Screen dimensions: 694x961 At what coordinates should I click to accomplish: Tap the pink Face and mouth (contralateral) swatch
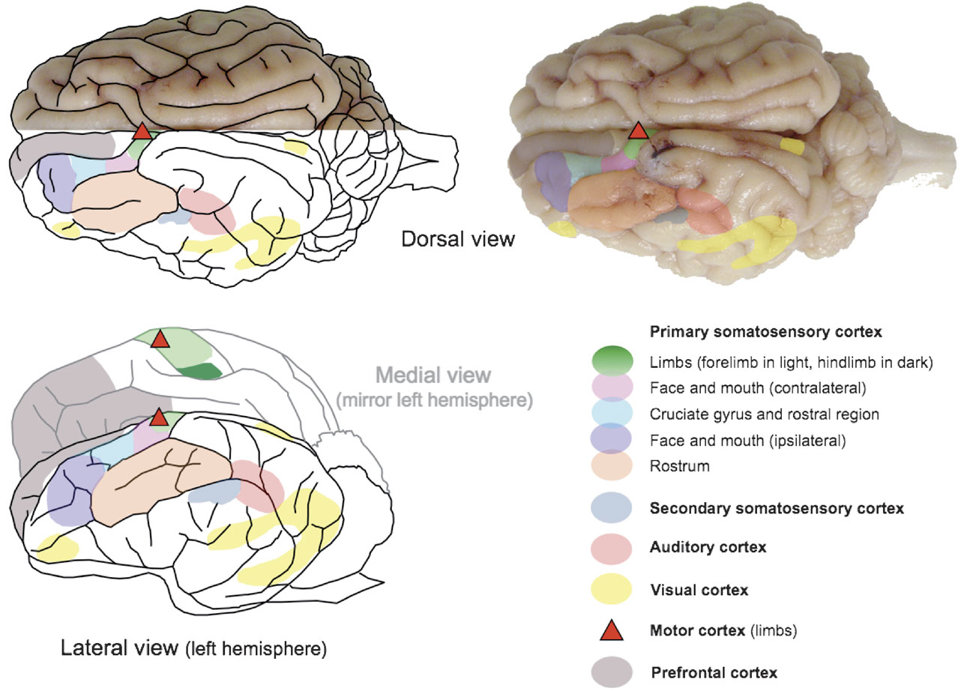(x=612, y=388)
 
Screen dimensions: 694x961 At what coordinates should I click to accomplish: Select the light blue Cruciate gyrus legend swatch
(x=612, y=414)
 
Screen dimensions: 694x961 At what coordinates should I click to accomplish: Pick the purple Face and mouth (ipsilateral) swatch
(x=612, y=440)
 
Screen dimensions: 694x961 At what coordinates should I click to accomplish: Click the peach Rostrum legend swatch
(x=612, y=466)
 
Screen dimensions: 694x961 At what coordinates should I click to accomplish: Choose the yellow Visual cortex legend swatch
(x=612, y=589)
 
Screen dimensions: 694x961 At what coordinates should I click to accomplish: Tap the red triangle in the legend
(x=612, y=631)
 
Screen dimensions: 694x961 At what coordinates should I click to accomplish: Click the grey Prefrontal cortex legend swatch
(x=612, y=672)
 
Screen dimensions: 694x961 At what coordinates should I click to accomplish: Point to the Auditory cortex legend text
(x=708, y=547)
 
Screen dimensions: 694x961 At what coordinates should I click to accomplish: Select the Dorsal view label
(x=458, y=239)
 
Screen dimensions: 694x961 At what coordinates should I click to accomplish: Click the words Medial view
(x=434, y=375)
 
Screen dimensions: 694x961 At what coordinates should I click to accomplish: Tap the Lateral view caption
(x=193, y=648)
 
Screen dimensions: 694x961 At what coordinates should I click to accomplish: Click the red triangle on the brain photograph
(x=638, y=131)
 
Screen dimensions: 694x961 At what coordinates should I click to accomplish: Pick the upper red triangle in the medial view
(x=160, y=340)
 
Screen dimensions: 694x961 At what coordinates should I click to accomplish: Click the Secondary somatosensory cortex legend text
(x=777, y=508)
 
